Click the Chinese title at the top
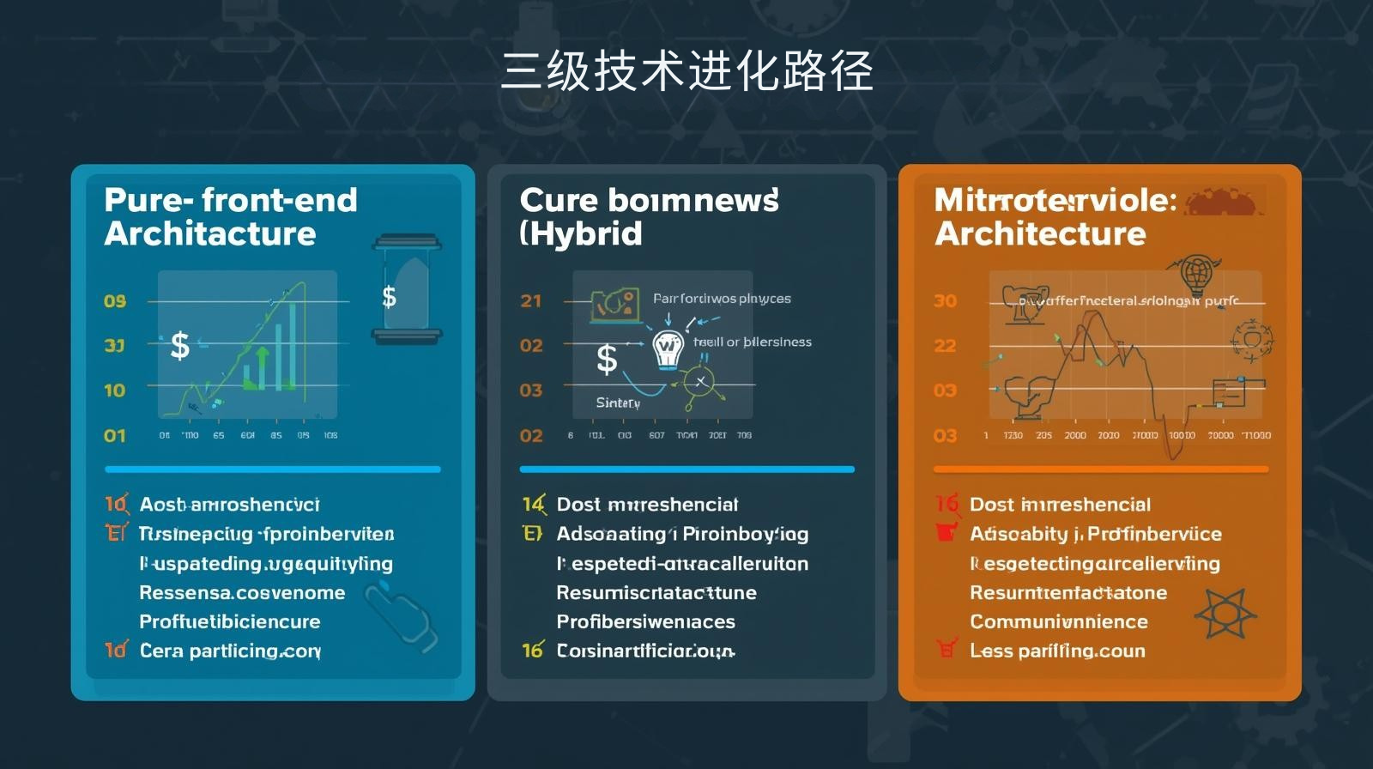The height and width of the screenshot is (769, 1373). click(x=686, y=70)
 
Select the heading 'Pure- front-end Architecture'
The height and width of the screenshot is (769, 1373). click(x=230, y=216)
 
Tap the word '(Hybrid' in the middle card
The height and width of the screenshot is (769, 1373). click(x=581, y=233)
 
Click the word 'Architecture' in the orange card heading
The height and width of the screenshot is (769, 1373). click(x=1040, y=233)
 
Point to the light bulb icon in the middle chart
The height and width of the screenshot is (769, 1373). click(x=667, y=348)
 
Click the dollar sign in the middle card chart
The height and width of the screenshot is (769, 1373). click(x=607, y=359)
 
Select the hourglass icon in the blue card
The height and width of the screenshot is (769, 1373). click(x=407, y=289)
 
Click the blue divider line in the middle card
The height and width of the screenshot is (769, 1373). click(x=686, y=469)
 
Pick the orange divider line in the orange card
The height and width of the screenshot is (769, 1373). click(x=1100, y=469)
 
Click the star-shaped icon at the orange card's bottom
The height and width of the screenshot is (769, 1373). click(x=1225, y=613)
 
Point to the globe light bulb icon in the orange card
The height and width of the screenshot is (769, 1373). click(x=1195, y=276)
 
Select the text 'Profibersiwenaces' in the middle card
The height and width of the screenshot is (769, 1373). click(x=645, y=621)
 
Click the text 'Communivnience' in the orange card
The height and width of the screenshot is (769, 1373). click(x=1058, y=621)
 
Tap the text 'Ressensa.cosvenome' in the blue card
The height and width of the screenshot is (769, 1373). click(x=242, y=592)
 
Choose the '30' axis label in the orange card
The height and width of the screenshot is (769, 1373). click(x=945, y=301)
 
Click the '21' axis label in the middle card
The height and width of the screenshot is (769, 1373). click(x=531, y=301)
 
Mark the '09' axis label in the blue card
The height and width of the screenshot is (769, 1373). click(x=115, y=301)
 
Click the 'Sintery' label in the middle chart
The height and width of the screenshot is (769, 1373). click(x=618, y=403)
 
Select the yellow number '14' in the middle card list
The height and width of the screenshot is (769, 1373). click(x=533, y=504)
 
